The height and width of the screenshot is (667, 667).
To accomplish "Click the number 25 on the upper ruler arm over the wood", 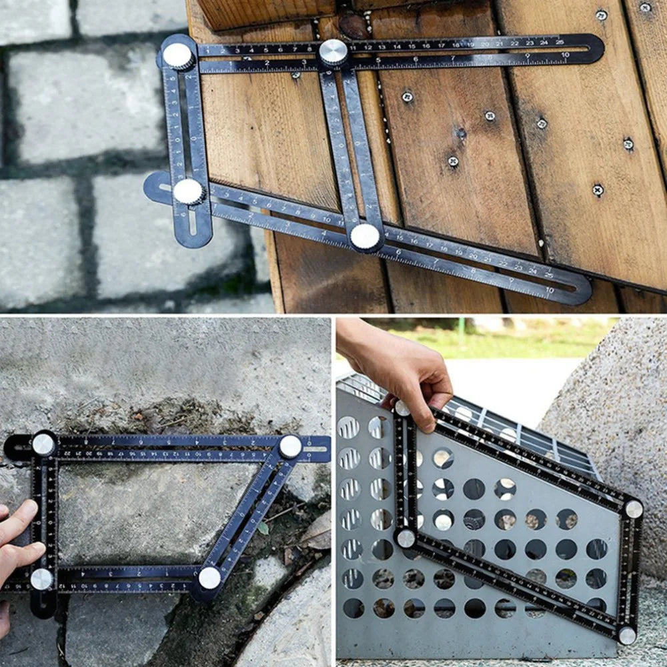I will tap(560, 41).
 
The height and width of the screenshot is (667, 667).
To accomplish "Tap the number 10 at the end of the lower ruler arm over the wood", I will tap(550, 290).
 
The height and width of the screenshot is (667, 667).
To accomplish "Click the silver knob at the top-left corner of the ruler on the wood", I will tap(178, 56).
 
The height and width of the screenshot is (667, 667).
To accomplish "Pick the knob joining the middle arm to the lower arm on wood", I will tap(365, 236).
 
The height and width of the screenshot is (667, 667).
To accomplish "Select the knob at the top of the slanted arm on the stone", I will tap(289, 446).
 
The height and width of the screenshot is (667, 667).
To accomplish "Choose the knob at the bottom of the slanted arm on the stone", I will tap(209, 578).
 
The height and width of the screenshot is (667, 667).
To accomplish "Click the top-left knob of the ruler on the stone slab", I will tap(43, 444).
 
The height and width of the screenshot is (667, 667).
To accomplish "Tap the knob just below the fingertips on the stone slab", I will tap(41, 579).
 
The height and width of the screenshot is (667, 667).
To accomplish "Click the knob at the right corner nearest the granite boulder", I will tap(633, 509).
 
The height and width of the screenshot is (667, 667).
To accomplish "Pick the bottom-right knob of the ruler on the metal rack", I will tap(627, 635).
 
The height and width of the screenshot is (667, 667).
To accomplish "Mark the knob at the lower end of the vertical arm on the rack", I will tap(406, 538).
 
